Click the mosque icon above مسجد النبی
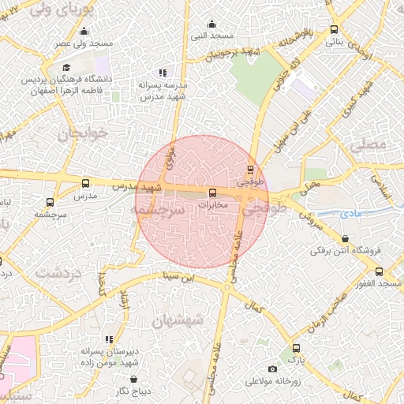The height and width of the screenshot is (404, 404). click(x=211, y=24)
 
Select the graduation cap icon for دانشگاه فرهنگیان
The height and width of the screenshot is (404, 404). click(x=67, y=68)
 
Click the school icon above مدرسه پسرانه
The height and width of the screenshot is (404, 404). click(x=162, y=73)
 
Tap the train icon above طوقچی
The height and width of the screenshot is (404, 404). click(x=251, y=170)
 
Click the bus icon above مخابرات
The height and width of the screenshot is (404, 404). click(x=211, y=193)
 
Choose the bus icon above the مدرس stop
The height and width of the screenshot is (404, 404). click(x=85, y=183)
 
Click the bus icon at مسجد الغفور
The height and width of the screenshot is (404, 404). click(x=380, y=271)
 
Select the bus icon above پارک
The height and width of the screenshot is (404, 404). click(x=296, y=348)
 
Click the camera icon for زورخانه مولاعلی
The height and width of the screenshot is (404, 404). click(x=273, y=368)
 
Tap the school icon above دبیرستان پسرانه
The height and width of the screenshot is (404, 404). click(x=109, y=339)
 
